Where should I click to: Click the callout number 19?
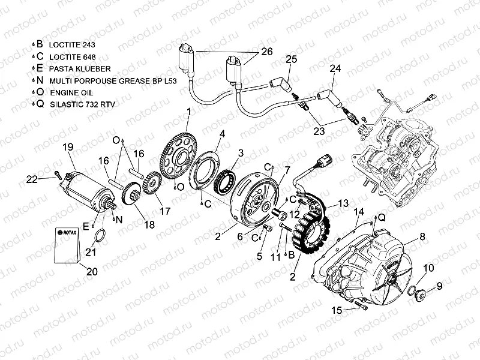(68, 146)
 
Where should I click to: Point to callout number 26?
(267, 52)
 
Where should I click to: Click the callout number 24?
(335, 70)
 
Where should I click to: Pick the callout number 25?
(291, 59)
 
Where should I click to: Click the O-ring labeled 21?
(102, 234)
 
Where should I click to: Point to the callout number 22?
(32, 178)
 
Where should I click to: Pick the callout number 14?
(359, 212)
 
